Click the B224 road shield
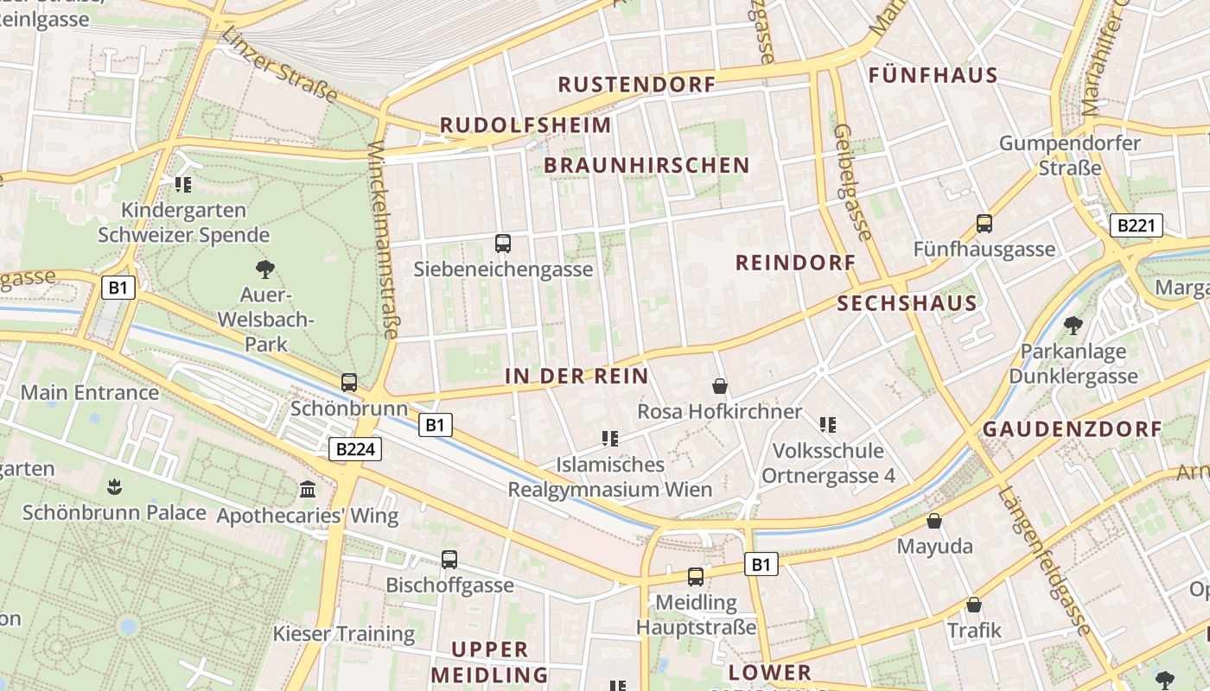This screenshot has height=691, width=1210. (354, 449)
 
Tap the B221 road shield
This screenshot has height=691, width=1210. (1136, 226)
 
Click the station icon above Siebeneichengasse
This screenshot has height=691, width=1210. (503, 244)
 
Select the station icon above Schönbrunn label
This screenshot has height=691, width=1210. (349, 382)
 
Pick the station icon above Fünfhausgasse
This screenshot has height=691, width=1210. (984, 224)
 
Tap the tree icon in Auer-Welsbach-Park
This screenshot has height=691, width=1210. (265, 269)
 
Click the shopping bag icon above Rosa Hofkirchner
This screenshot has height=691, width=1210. (719, 385)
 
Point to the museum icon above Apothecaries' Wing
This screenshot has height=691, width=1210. (308, 490)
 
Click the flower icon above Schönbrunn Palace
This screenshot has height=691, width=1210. (113, 486)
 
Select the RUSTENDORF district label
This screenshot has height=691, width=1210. (637, 85)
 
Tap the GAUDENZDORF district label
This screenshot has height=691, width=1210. (1072, 429)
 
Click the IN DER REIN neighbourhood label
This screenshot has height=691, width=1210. (576, 376)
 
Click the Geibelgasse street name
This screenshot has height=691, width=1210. (852, 182)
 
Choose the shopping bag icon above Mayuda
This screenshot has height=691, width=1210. (933, 521)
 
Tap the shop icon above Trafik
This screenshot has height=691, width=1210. (974, 605)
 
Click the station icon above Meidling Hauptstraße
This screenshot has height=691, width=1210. (696, 576)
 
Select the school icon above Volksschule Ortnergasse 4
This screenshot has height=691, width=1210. (828, 424)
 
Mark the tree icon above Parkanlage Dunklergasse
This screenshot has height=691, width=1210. (1073, 326)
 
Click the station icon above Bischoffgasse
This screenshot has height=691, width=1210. (449, 559)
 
